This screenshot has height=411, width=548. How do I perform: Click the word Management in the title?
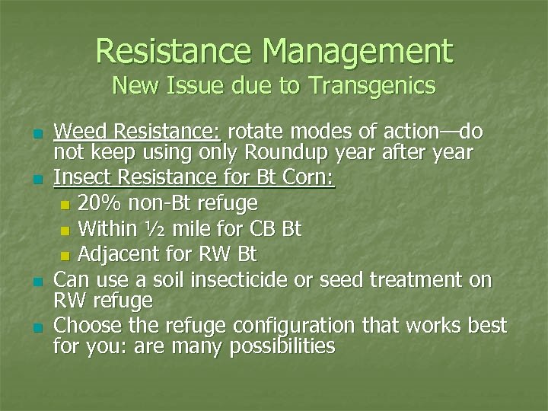click(357, 52)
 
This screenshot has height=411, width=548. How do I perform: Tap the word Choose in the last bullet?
click(84, 327)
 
